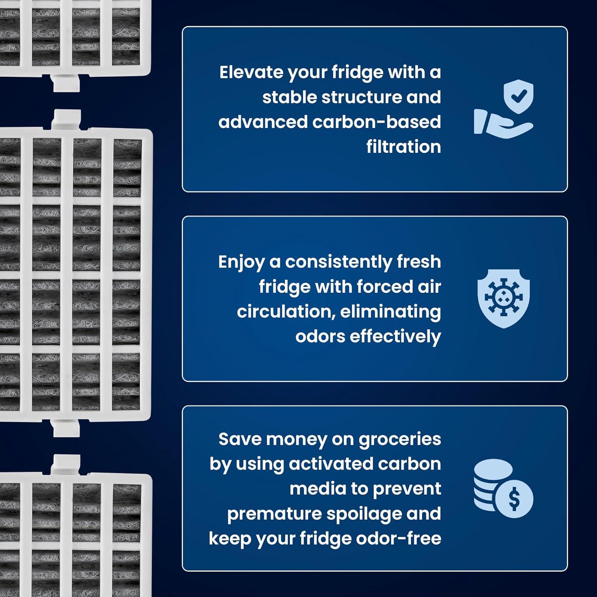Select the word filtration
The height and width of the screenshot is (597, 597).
coord(404,147)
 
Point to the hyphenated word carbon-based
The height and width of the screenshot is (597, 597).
coord(377,122)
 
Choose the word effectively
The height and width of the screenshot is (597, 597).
coord(395,337)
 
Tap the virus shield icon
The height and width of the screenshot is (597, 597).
coord(504,298)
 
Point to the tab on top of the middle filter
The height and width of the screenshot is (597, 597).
coord(66,119)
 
